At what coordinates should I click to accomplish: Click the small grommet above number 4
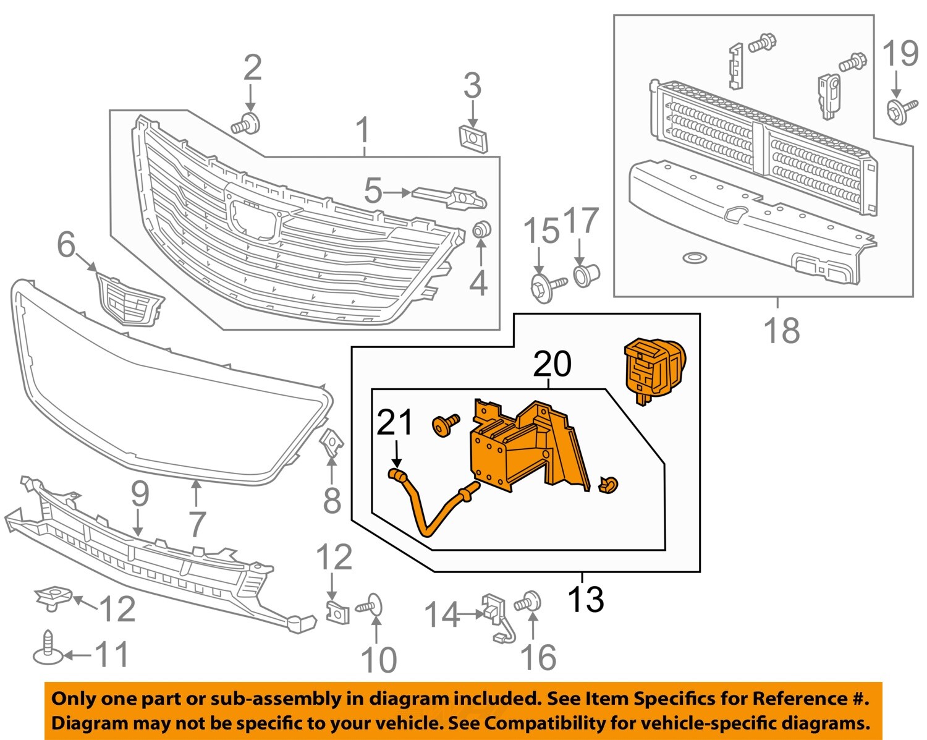click(x=481, y=230)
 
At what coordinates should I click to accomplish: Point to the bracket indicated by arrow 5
click(x=450, y=197)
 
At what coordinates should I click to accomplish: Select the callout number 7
click(x=197, y=524)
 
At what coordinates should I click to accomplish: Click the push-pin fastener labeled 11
click(x=48, y=649)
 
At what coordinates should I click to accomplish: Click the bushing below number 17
click(x=586, y=273)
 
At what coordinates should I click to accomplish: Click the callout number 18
click(x=782, y=330)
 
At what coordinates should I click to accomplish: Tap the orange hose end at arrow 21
click(x=396, y=475)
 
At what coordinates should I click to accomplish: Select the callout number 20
click(x=552, y=364)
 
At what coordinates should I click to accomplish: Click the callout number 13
click(x=585, y=598)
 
